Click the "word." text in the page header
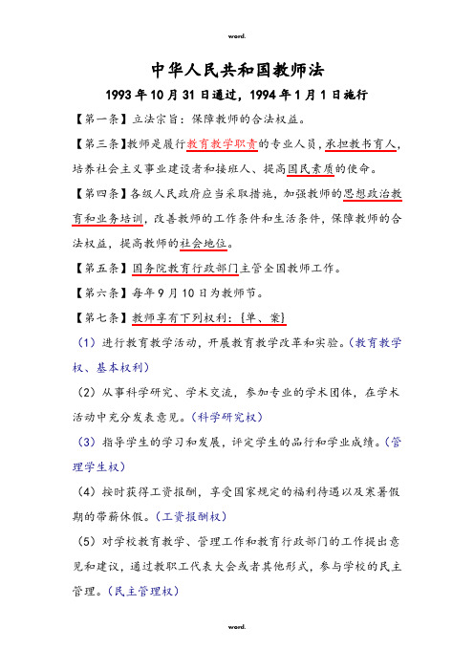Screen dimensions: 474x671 pyautogui.click(x=237, y=36)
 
